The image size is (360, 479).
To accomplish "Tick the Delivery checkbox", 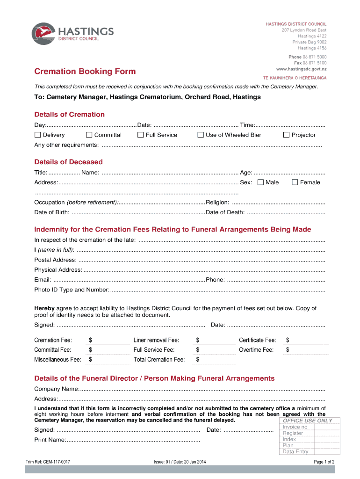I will (38, 135).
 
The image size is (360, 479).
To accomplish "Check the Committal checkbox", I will (89, 135).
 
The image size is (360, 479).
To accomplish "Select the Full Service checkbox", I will (140, 135).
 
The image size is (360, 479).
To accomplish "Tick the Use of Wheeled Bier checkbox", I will (201, 135).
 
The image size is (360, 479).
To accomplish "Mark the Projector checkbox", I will (287, 135).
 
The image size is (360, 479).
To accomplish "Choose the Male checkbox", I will (260, 182).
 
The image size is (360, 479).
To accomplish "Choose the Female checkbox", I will (295, 182).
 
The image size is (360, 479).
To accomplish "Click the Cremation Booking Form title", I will (85, 72).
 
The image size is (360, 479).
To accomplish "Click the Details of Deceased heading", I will (68, 162).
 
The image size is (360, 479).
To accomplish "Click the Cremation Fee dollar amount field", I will (109, 341).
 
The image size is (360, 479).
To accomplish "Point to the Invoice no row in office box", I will (295, 427).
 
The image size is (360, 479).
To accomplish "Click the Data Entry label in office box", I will (295, 451).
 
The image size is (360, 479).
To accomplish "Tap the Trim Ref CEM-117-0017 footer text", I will (48, 462).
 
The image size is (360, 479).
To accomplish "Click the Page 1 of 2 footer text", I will (324, 462).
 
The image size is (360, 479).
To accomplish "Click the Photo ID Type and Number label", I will (71, 290).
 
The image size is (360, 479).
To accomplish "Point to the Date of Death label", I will (225, 212).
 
